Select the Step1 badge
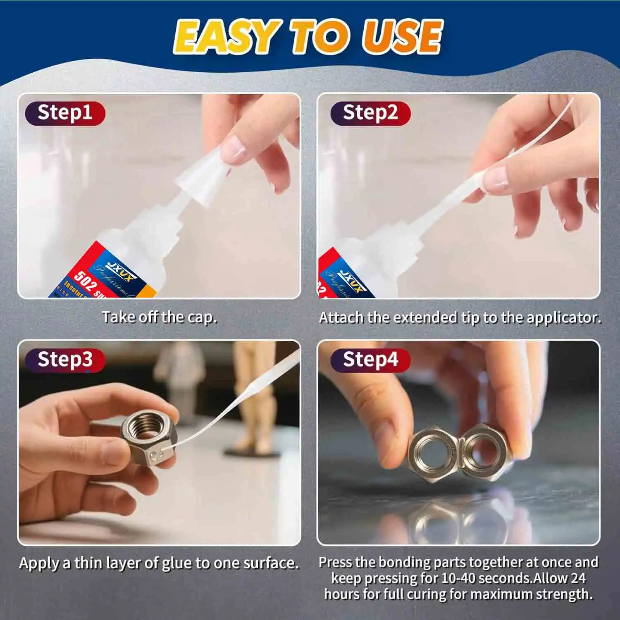tap(65, 113)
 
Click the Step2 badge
tap(370, 113)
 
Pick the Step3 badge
tap(65, 360)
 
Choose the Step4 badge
tap(370, 360)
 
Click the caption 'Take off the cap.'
tap(159, 317)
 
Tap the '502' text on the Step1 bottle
tap(85, 281)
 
